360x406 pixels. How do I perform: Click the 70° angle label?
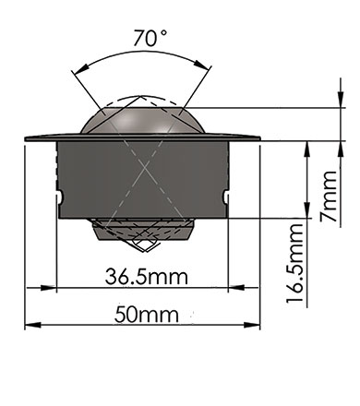tap(150, 38)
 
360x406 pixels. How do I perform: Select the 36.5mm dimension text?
tap(146, 276)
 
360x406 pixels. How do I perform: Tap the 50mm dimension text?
tap(147, 315)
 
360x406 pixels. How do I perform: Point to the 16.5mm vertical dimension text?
tap(295, 263)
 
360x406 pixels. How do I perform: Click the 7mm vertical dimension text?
tap(329, 197)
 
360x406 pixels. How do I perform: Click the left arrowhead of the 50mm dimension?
tap(32, 325)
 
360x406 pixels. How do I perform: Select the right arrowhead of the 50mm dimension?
tap(252, 325)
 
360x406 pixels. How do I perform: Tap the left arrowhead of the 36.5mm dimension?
tap(49, 288)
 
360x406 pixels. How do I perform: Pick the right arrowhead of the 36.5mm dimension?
tap(236, 288)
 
